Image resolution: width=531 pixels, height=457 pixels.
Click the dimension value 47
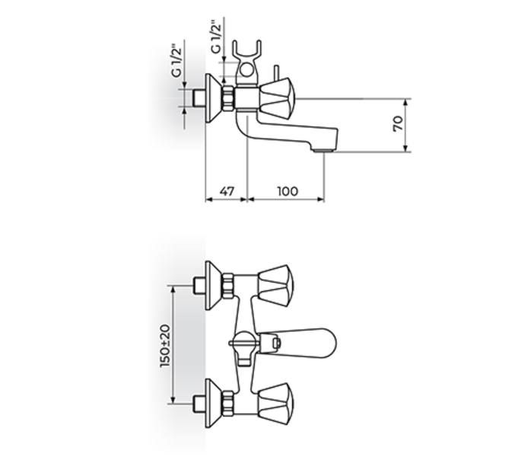coord(227,191)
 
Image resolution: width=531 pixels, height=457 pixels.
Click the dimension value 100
coord(288,191)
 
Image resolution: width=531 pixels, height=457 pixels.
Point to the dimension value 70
coord(399,123)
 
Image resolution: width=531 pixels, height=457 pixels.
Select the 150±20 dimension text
coord(165,346)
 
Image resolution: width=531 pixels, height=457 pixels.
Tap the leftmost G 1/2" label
coord(176,61)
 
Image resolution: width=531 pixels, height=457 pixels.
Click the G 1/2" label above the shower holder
coord(216,37)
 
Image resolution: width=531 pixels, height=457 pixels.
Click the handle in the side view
coord(277,99)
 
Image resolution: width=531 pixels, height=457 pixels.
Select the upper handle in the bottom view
coord(275,286)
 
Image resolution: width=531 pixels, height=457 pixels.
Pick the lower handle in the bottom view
coord(275,404)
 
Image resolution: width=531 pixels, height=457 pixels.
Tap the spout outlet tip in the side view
coord(324,149)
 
